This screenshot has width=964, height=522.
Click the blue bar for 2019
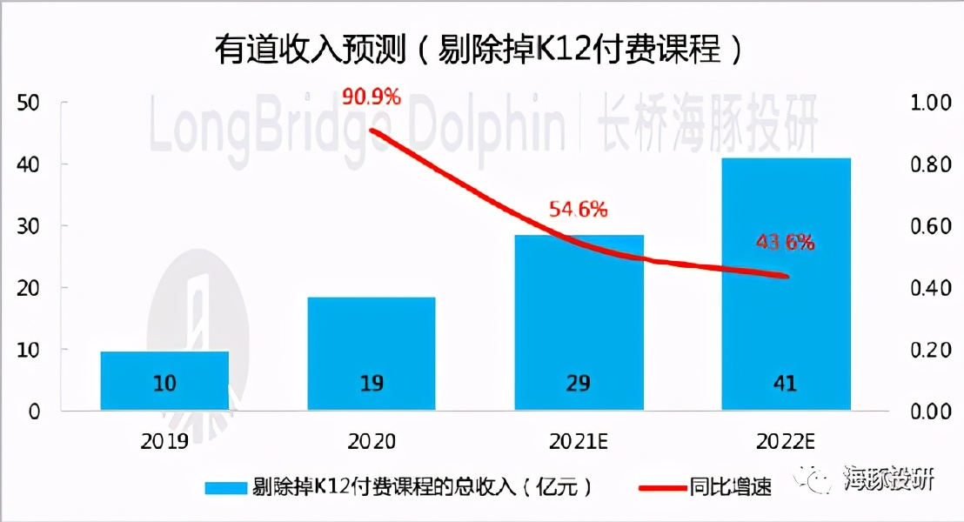pos(164,380)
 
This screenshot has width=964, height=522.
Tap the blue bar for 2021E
pos(579,322)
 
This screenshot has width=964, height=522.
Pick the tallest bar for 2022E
pos(786,284)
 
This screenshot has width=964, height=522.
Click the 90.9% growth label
pos(372,96)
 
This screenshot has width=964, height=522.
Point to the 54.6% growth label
pos(578,210)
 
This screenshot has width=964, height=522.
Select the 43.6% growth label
pos(785,244)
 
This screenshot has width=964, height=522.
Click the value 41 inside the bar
pos(785,384)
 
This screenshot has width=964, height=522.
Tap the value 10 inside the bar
pos(164,384)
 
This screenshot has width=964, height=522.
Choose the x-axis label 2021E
pos(579,441)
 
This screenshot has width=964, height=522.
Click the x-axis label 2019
pos(164,441)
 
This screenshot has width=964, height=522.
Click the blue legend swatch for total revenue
pos(225,486)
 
